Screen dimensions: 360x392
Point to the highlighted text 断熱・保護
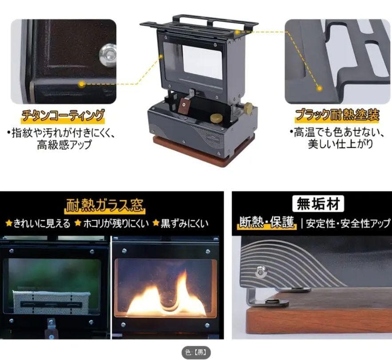267,223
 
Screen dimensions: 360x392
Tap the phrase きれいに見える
42,223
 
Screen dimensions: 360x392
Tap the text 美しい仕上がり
341,144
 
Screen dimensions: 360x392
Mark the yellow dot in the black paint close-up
319,88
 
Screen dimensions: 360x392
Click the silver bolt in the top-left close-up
107,55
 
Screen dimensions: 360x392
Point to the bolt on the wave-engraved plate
260,271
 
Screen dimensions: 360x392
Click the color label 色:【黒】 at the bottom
196,352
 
